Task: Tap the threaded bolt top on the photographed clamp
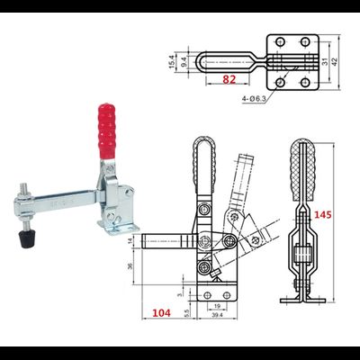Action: pyautogui.click(x=19, y=190)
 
